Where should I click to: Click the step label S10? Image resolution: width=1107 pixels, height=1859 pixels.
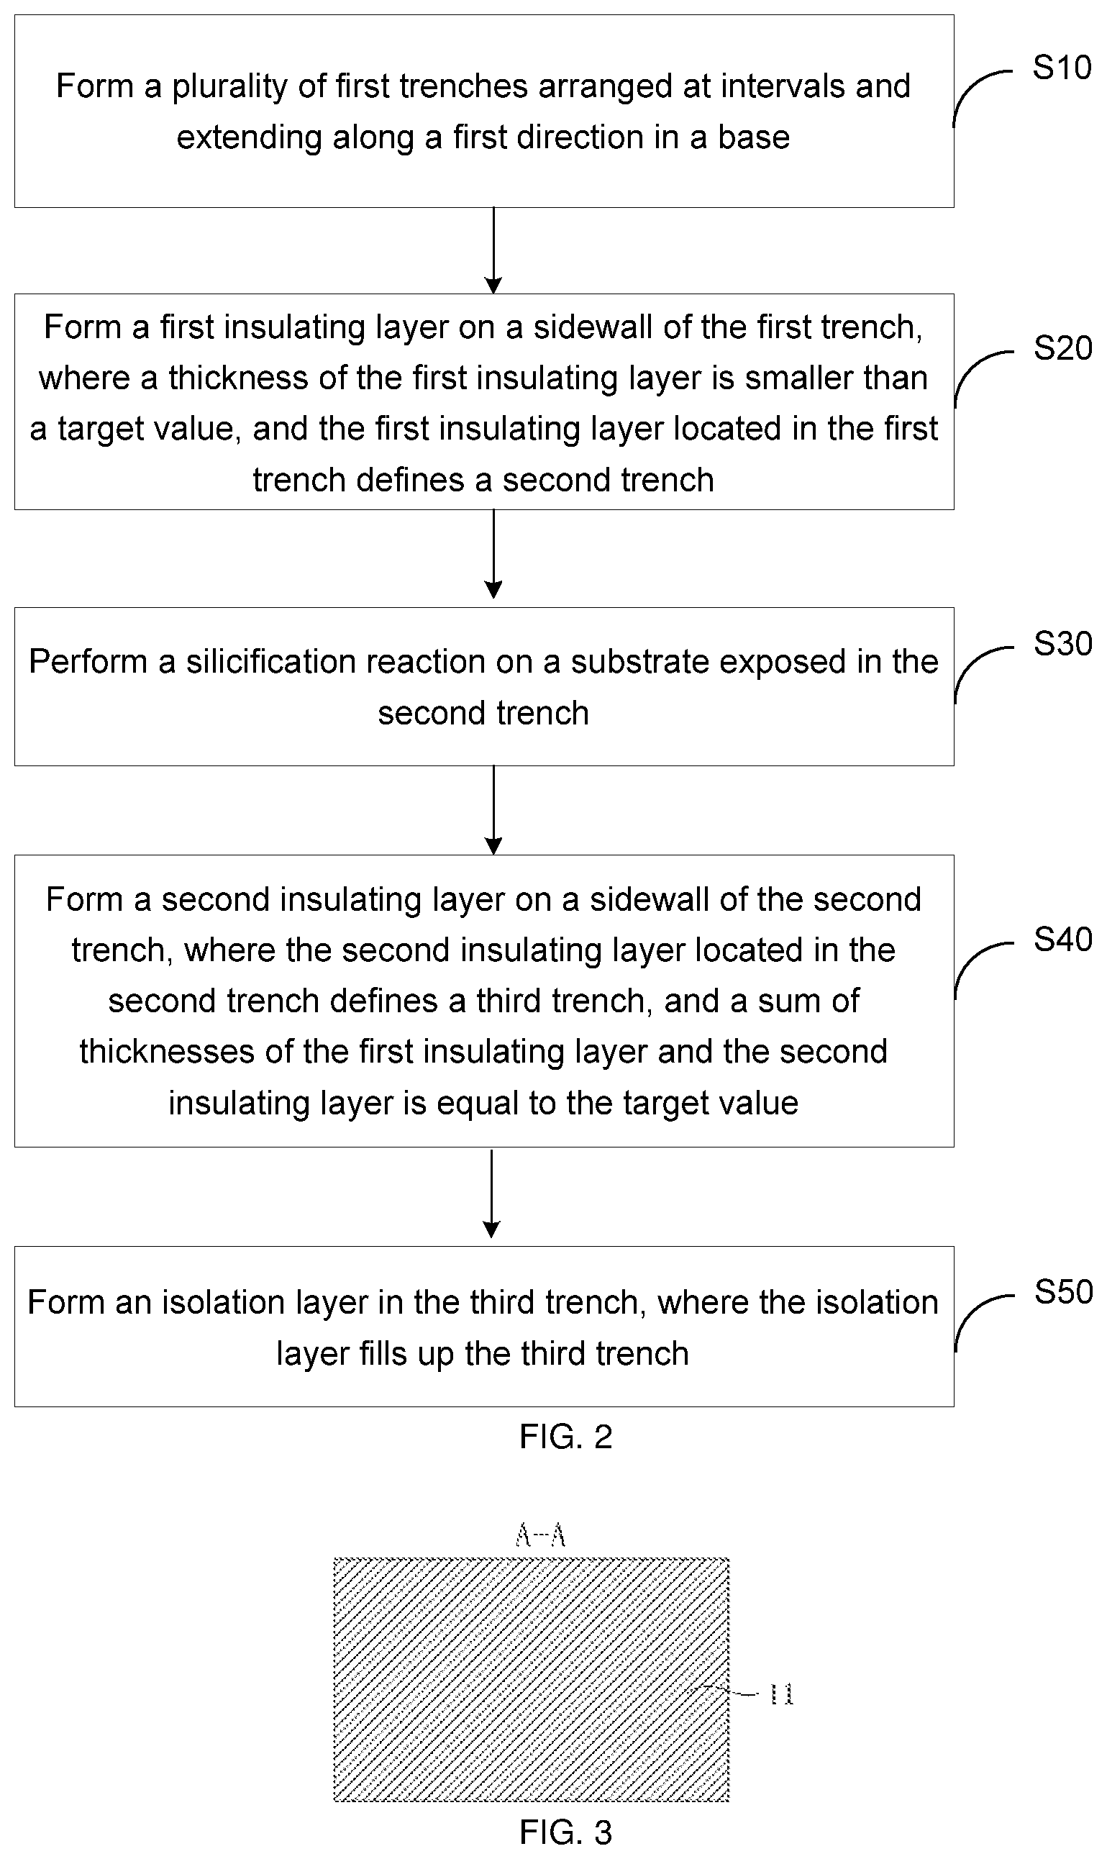[1062, 68]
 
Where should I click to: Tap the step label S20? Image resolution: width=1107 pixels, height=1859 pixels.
[1062, 348]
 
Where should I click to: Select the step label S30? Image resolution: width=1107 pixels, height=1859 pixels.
[1062, 643]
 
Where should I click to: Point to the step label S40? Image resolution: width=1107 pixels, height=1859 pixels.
[1062, 938]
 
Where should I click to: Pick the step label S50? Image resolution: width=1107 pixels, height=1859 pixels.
[1063, 1291]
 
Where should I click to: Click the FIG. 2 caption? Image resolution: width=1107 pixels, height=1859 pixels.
[565, 1436]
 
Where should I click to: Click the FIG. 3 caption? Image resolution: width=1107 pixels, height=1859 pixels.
[565, 1832]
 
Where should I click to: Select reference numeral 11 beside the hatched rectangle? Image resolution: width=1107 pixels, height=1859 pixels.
[781, 1695]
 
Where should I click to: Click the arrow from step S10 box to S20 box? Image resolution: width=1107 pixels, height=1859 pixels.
[493, 250]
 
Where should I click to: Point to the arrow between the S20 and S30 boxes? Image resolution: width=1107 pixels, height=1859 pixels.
[493, 554]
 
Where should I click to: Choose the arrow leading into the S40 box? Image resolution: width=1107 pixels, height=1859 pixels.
[493, 810]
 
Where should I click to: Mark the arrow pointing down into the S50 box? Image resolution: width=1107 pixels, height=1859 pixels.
[491, 1194]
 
